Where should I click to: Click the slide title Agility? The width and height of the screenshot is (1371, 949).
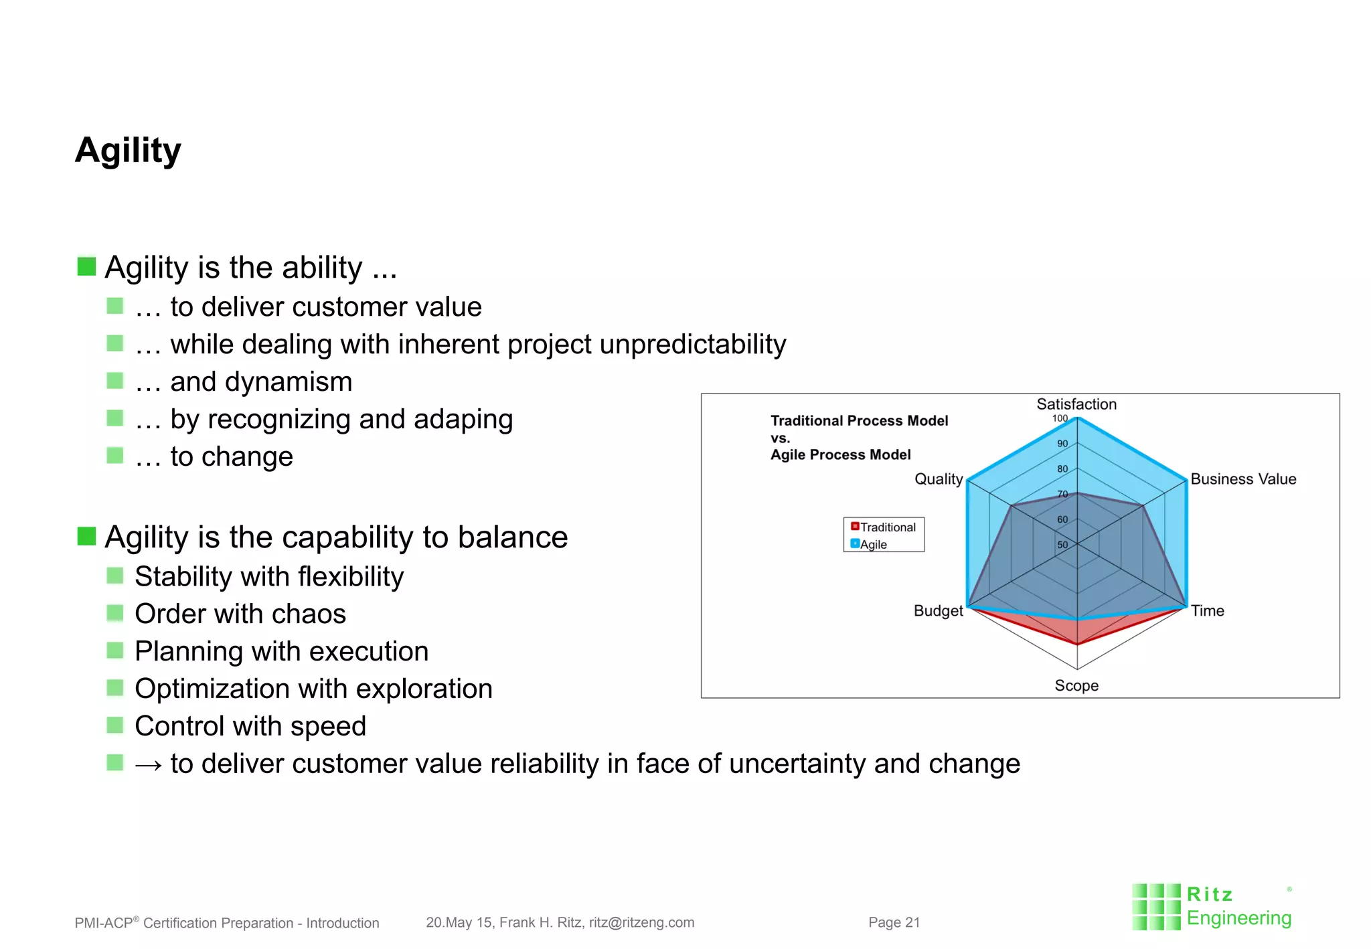click(128, 151)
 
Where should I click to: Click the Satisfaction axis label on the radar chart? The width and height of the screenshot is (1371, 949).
click(1076, 404)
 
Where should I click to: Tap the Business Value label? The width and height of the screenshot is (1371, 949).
click(1242, 479)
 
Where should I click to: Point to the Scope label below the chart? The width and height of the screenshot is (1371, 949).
click(1076, 685)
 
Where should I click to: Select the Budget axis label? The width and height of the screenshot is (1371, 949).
click(938, 610)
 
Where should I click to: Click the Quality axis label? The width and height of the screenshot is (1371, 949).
click(938, 479)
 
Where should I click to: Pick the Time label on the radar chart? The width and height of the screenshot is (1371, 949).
click(1207, 610)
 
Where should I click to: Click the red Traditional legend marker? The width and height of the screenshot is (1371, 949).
click(855, 527)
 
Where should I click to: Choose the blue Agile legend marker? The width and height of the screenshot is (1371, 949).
click(855, 543)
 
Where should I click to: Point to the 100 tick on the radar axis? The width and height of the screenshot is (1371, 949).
click(1060, 418)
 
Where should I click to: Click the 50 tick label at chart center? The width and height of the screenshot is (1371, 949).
click(1062, 545)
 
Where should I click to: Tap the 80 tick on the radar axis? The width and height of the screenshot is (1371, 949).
click(1062, 469)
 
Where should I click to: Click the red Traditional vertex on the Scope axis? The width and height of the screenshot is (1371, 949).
click(1077, 644)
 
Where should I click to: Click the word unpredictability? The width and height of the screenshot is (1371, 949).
click(692, 345)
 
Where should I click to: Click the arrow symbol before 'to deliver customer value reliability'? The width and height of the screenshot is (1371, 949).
click(148, 765)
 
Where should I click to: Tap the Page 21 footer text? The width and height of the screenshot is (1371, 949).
click(894, 922)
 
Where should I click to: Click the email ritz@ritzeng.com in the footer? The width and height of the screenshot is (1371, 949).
click(641, 922)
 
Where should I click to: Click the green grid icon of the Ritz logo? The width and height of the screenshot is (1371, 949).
click(1155, 907)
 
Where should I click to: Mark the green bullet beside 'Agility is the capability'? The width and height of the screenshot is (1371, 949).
click(86, 536)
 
